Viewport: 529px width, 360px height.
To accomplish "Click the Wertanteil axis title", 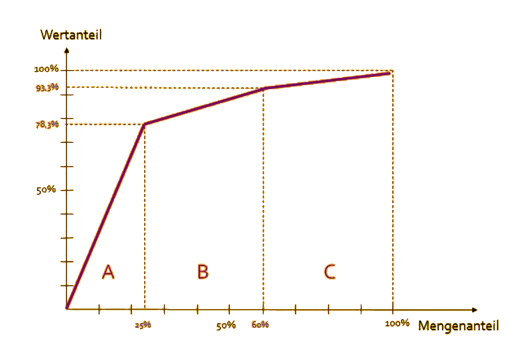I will [71, 35].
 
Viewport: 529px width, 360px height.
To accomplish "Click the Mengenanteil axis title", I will [458, 326].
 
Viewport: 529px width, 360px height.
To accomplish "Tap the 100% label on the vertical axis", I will [47, 70].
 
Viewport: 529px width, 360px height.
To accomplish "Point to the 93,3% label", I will [48, 87].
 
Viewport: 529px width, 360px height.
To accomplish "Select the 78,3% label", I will [48, 124].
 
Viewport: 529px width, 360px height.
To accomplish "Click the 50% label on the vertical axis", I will [46, 190].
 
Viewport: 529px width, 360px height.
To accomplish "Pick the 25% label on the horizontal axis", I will [143, 325].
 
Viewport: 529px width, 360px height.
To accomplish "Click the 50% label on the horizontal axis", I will [226, 325].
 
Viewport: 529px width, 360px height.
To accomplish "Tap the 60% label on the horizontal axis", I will [261, 325].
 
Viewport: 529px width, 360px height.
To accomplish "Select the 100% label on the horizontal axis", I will [397, 323].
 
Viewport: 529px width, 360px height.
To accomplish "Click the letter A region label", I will [108, 272].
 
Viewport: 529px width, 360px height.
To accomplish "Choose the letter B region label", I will [202, 272].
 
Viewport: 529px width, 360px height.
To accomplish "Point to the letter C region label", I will [329, 272].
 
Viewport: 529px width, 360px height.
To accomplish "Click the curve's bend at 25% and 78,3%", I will [144, 124].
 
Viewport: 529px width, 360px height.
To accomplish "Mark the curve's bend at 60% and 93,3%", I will [263, 88].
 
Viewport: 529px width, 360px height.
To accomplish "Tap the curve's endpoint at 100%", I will [391, 72].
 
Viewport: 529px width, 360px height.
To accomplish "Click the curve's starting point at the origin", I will [67, 309].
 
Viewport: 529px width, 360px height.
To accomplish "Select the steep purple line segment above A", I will [105, 217].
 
